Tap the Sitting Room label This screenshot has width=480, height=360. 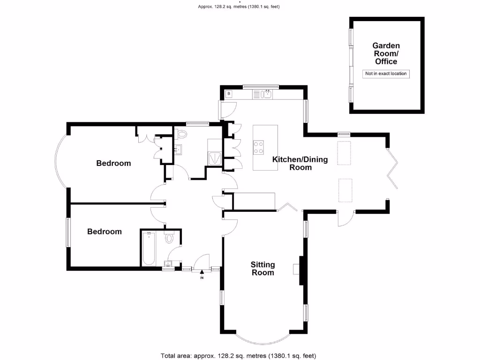tap(263, 269)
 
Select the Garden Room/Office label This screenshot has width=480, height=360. tap(386, 53)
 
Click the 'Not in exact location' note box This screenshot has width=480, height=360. tap(386, 74)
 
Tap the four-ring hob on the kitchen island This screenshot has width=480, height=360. tap(259, 148)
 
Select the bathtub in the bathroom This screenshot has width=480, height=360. tap(150, 248)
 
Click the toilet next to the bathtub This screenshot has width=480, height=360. tap(170, 238)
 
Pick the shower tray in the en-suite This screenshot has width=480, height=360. tap(215, 157)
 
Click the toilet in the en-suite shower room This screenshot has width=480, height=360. tap(182, 134)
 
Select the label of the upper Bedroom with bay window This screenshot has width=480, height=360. tap(113, 163)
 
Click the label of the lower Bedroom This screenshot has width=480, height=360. tap(105, 232)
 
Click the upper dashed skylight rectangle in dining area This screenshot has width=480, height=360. tap(345, 153)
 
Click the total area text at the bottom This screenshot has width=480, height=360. tap(241, 355)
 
